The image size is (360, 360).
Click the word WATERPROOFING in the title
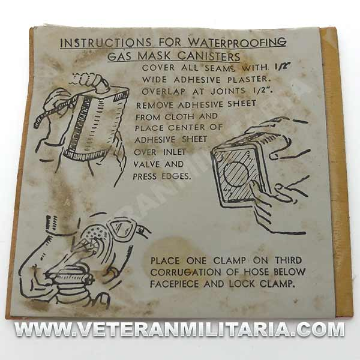pos(237,42)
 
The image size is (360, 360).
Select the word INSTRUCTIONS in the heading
pos(106,43)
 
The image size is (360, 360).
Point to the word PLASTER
pos(248,79)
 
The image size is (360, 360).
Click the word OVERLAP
pos(164,91)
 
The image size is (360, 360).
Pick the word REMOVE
pos(155,106)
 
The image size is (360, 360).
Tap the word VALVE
pos(147,164)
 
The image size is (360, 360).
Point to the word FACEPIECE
pos(175,284)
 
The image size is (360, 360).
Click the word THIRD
pos(289,260)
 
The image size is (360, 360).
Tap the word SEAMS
pos(220,68)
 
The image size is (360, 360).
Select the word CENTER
pos(187,127)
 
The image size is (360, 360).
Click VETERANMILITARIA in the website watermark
pos(177,330)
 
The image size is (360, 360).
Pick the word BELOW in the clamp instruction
pos(289,272)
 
